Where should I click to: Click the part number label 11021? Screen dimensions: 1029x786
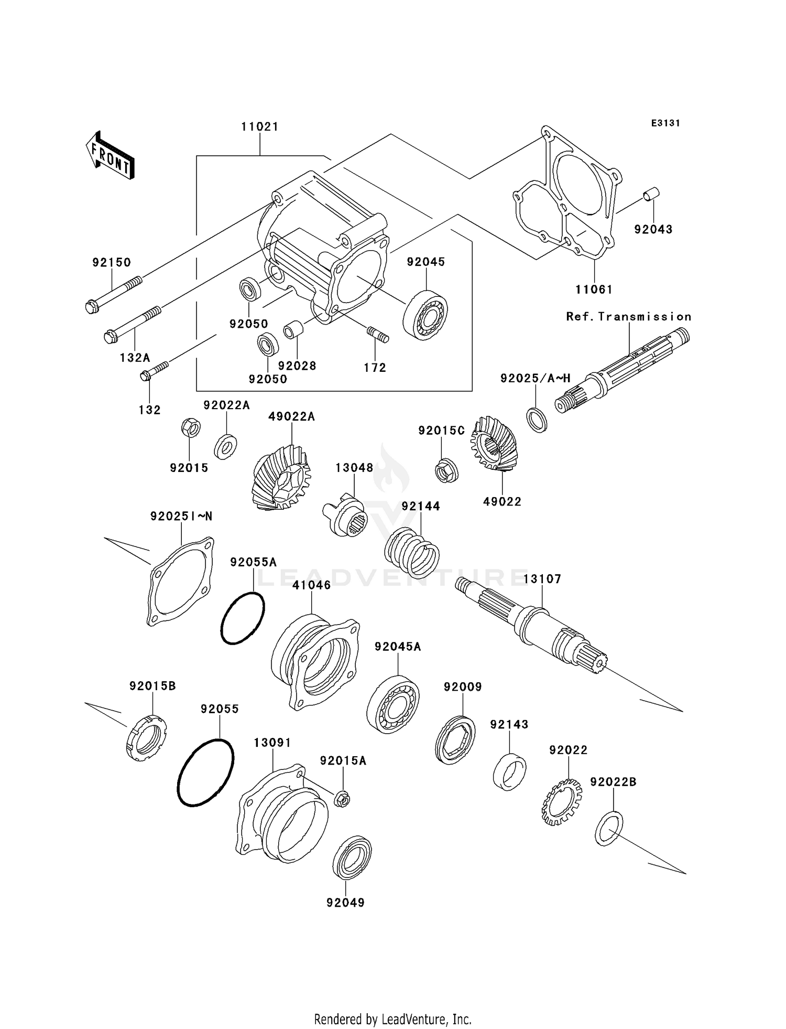coord(260,127)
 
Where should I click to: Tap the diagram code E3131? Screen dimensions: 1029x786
coord(665,123)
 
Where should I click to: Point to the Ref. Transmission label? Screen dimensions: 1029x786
coord(629,317)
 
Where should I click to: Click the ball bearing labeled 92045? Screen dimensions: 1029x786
coord(425,315)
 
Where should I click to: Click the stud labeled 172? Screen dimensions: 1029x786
coord(377,334)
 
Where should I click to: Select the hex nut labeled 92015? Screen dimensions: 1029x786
coord(190,428)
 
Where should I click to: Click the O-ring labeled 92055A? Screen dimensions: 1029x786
coord(243,618)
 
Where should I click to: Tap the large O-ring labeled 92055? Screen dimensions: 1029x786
coord(205,772)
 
